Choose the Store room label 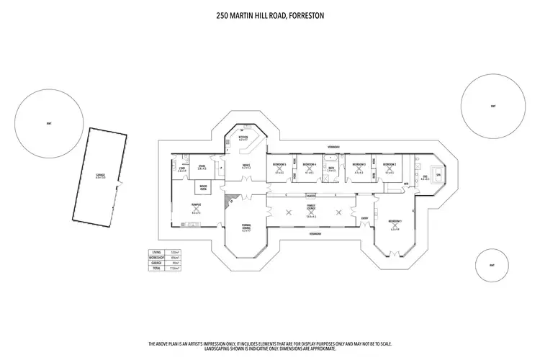pyautogui.click(x=202, y=166)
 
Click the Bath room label pyautogui.click(x=331, y=168)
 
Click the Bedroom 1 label pyautogui.click(x=395, y=221)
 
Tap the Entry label pyautogui.click(x=364, y=217)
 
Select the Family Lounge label pyautogui.click(x=311, y=206)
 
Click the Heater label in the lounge pyautogui.click(x=311, y=194)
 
